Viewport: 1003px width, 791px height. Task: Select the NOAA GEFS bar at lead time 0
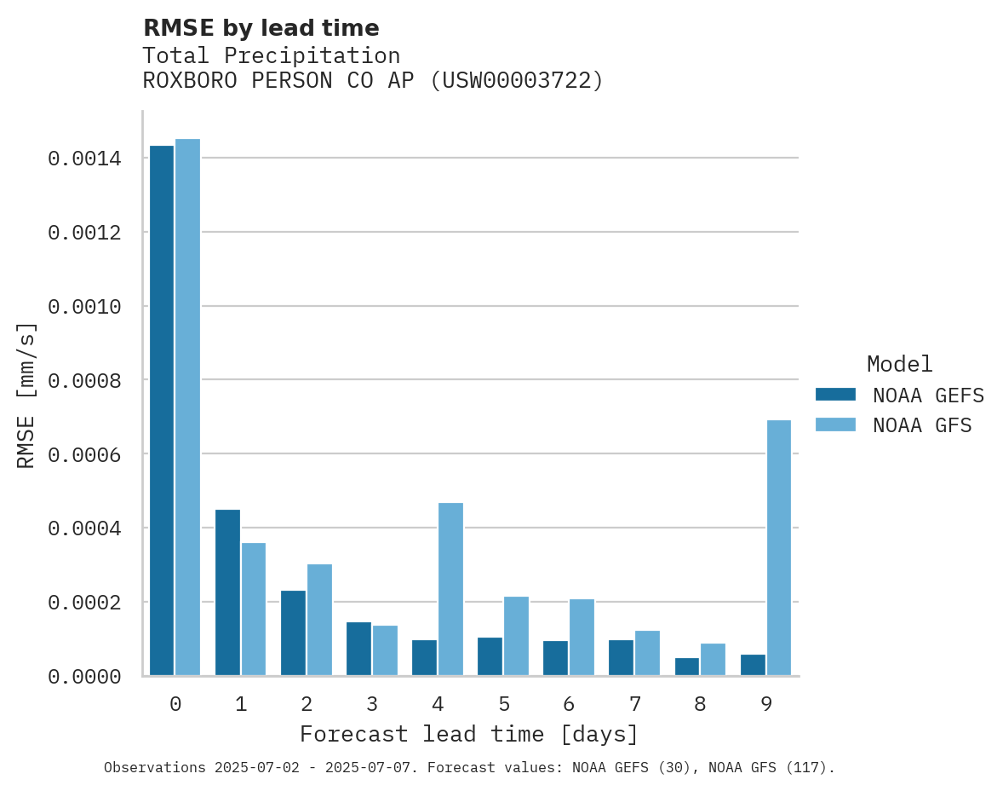(x=162, y=410)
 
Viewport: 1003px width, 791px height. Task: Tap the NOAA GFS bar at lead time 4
(x=450, y=589)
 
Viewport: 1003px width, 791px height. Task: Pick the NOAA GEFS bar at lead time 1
(x=227, y=592)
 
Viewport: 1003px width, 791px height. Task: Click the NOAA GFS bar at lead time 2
(x=319, y=620)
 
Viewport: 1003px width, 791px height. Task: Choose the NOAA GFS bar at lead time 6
(x=582, y=637)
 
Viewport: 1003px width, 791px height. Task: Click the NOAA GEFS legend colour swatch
(x=835, y=395)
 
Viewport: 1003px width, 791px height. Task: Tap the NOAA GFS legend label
(x=921, y=424)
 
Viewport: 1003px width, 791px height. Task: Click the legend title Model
(x=899, y=364)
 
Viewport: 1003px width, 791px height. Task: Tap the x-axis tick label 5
(x=504, y=704)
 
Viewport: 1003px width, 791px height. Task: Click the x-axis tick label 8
(x=700, y=704)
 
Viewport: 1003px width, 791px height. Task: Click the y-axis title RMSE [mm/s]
(x=26, y=395)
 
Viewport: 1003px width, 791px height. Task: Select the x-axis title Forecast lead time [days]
(x=469, y=734)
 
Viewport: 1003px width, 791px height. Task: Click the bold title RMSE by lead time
(x=261, y=28)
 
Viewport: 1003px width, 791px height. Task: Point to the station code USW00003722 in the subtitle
(x=517, y=81)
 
